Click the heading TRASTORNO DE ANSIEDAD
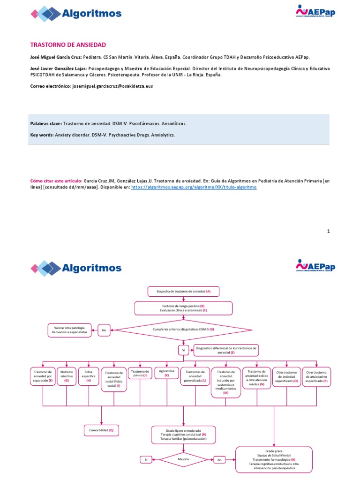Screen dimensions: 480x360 [x=68, y=45]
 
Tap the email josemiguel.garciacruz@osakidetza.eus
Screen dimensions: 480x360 [x=112, y=86]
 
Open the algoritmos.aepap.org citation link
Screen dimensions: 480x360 [x=194, y=187]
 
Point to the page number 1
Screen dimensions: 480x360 [x=329, y=231]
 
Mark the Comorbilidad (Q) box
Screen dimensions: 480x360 [x=102, y=430]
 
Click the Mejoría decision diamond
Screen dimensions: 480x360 [x=183, y=459]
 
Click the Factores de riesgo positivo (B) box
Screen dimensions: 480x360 [x=183, y=307]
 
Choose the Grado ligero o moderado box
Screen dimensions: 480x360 [x=183, y=435]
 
